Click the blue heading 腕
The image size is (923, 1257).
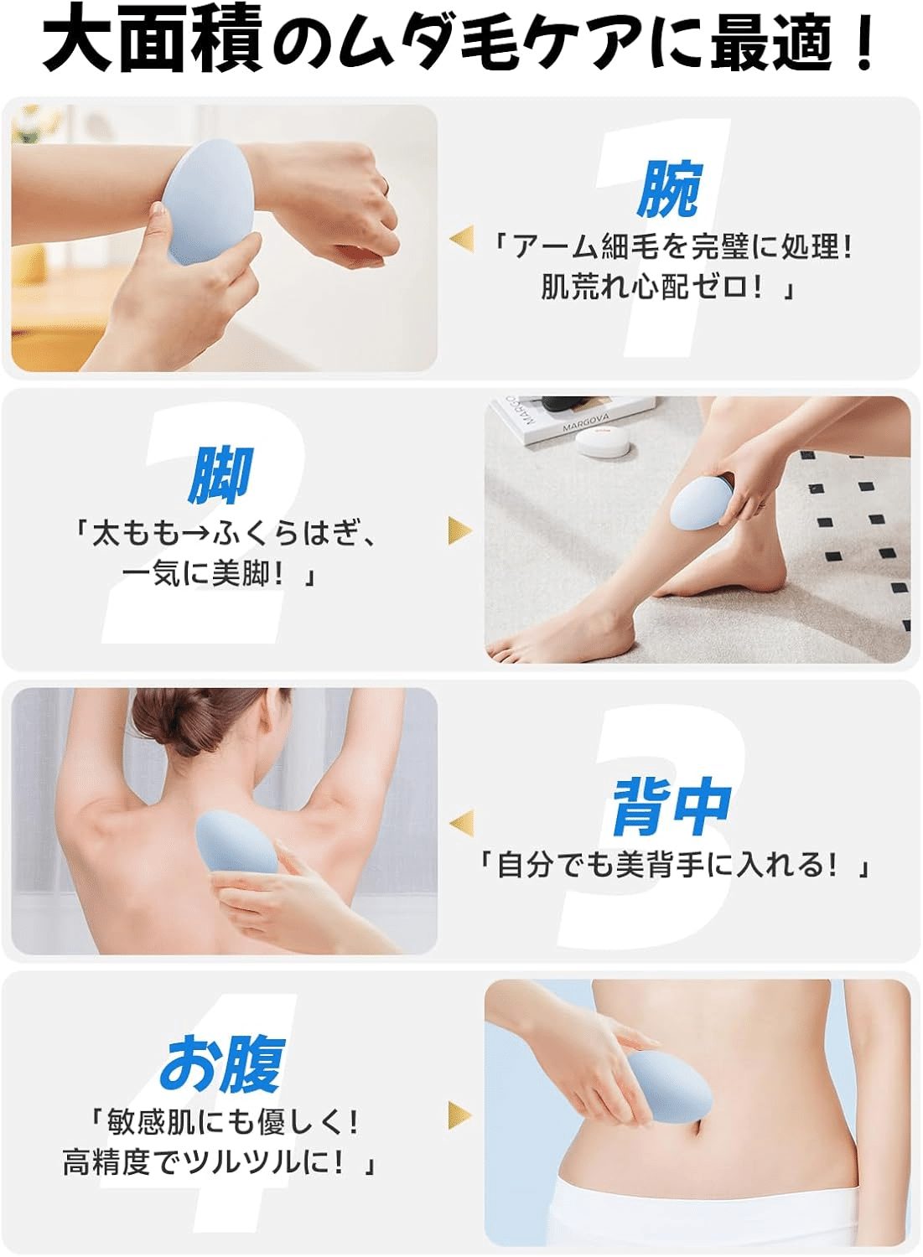669,189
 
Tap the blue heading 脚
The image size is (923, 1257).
220,475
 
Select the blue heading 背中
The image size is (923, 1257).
671,806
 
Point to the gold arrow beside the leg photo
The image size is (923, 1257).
460,530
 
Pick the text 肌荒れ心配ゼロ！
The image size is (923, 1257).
658,288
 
